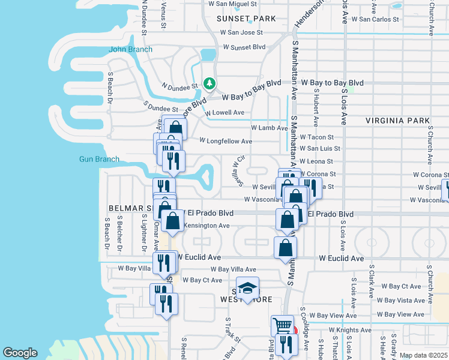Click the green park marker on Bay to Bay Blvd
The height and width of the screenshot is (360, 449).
tap(209, 84)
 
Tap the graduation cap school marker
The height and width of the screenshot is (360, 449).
tap(247, 289)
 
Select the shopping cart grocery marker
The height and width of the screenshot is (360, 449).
tap(282, 326)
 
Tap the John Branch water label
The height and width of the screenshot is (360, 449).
tap(130, 49)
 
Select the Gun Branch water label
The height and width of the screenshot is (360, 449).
tap(99, 159)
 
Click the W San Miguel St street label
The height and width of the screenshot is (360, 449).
tap(232, 4)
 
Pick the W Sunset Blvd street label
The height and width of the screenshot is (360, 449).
tap(244, 47)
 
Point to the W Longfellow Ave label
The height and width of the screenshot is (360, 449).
tap(226, 142)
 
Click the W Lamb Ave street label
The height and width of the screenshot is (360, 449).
tap(270, 128)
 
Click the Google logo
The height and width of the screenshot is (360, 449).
tap(20, 353)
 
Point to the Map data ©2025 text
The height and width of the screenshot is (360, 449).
tap(423, 355)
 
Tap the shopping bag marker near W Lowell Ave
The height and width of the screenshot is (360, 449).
tap(175, 128)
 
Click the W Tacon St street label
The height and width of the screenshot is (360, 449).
tap(316, 137)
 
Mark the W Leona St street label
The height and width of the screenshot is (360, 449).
tap(316, 161)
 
